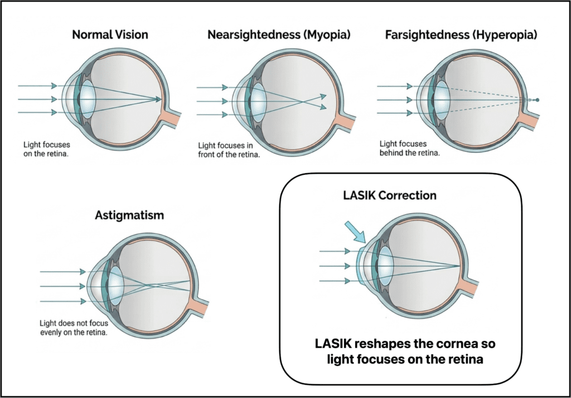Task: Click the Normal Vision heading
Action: (110, 35)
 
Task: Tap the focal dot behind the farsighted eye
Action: (538, 100)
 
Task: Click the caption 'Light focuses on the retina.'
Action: (46, 149)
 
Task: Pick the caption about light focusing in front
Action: (229, 150)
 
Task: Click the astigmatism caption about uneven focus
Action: (74, 328)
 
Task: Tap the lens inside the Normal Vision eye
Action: (88, 99)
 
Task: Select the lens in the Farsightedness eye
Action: (442, 100)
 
